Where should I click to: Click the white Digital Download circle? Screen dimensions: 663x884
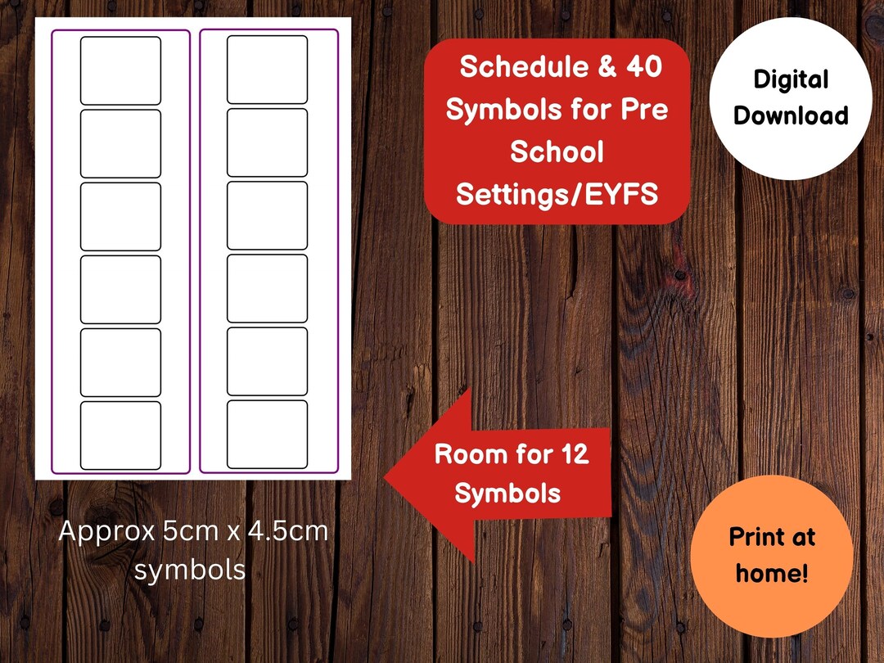tap(790, 98)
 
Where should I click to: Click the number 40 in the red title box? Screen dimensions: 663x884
tap(643, 67)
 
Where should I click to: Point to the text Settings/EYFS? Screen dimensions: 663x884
tap(557, 194)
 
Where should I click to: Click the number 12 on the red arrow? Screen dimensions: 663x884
tap(572, 454)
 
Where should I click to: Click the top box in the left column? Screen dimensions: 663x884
tap(120, 70)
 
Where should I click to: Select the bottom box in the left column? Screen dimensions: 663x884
tap(120, 435)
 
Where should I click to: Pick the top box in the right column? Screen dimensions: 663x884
tap(267, 70)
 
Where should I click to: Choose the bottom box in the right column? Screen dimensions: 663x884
tap(267, 434)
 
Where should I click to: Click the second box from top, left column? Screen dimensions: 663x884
tap(120, 143)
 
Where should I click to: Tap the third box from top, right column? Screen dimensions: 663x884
tap(267, 215)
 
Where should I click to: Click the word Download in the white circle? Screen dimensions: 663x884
tap(790, 115)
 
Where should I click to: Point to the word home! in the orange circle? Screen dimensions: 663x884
tap(771, 573)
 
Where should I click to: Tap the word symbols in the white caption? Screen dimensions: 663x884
tap(189, 569)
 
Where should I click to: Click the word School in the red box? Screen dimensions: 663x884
tap(557, 152)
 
